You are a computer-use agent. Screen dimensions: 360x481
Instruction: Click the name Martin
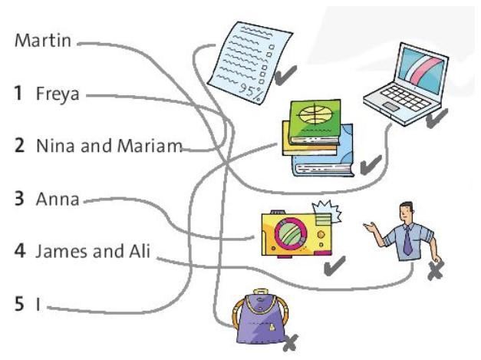click(43, 41)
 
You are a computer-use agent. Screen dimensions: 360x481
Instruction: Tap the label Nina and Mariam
click(108, 146)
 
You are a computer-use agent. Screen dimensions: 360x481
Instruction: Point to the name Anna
click(57, 200)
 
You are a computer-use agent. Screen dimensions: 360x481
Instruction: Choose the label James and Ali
click(92, 251)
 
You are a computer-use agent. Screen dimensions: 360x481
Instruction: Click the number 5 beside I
click(18, 304)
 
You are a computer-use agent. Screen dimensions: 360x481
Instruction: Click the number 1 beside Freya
click(18, 94)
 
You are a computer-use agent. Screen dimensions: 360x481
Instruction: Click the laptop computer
click(404, 79)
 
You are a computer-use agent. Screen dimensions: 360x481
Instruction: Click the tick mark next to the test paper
click(286, 75)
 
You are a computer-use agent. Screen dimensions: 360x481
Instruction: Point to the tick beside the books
click(371, 163)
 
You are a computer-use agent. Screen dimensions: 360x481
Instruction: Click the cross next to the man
click(435, 270)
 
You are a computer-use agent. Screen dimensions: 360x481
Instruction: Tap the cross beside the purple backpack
click(290, 343)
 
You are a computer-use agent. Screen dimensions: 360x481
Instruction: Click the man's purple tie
click(407, 241)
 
